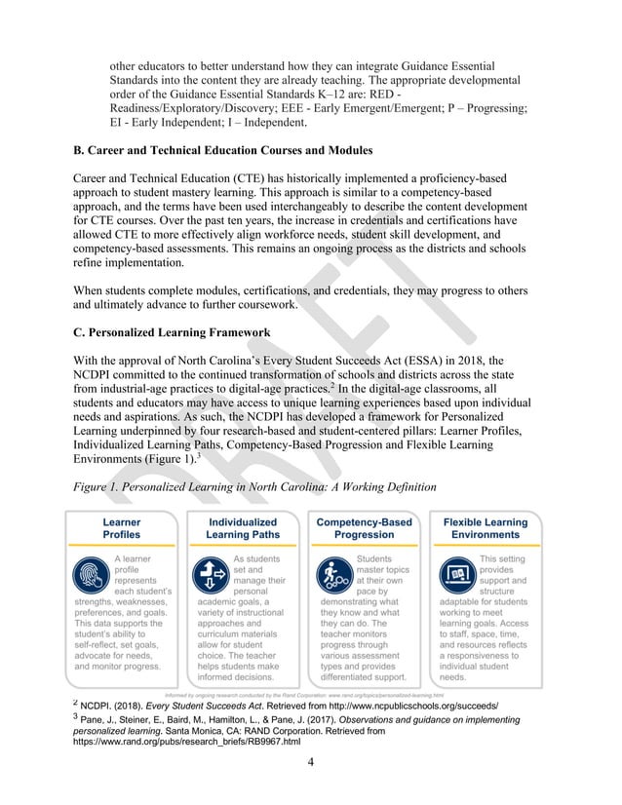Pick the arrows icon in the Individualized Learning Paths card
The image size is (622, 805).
pyautogui.click(x=212, y=572)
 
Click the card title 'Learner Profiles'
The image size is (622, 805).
pyautogui.click(x=122, y=528)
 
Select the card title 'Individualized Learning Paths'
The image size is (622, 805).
pyautogui.click(x=243, y=528)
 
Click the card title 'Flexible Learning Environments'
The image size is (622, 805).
pyautogui.click(x=486, y=528)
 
